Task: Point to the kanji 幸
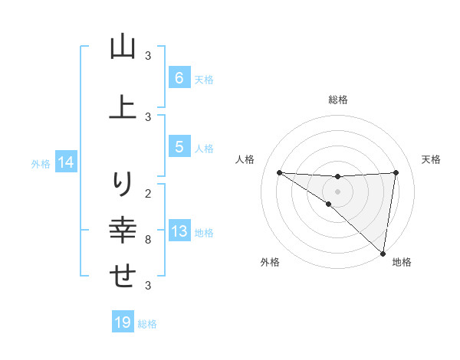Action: (123, 230)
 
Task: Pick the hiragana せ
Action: (123, 276)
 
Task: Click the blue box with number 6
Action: (179, 78)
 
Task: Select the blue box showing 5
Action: (179, 147)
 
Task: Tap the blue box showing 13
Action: (179, 232)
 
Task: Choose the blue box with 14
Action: (66, 162)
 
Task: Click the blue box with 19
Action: (123, 322)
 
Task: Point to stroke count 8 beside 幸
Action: (148, 240)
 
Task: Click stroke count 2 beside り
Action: (148, 193)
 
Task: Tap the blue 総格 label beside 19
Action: (147, 324)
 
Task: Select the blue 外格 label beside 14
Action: (41, 163)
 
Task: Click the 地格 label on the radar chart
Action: (402, 262)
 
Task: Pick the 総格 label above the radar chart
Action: (337, 100)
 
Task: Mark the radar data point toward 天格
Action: (396, 172)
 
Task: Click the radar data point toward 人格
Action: (279, 172)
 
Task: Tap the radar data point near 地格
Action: (383, 253)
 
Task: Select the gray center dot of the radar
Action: (337, 191)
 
